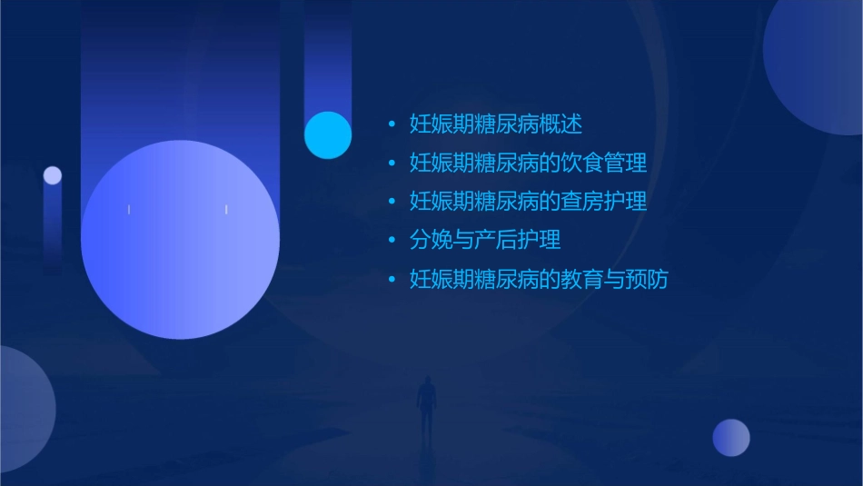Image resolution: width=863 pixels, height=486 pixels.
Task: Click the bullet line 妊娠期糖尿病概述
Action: tap(496, 124)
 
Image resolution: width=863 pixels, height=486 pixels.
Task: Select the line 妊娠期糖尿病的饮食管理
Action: tap(528, 163)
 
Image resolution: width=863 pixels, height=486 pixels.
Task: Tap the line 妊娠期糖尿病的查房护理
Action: tap(528, 201)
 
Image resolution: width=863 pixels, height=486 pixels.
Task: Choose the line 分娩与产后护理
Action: tap(485, 240)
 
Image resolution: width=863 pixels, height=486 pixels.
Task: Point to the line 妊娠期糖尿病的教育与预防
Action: tap(539, 279)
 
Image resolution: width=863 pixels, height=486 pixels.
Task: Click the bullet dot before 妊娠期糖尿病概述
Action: tap(392, 124)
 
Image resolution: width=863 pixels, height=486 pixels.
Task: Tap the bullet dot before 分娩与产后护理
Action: tap(392, 240)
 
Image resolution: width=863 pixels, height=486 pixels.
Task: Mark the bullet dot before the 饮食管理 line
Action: tap(392, 163)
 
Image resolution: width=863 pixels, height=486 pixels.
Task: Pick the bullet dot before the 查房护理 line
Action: tap(392, 201)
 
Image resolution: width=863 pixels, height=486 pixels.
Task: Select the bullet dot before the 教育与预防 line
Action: tap(392, 279)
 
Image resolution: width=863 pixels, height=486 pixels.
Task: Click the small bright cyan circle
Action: tap(328, 134)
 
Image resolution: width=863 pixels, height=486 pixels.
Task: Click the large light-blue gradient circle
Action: tap(180, 240)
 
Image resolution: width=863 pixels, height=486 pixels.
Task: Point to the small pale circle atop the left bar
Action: tap(53, 175)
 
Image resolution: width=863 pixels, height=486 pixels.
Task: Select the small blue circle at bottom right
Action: tap(731, 437)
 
